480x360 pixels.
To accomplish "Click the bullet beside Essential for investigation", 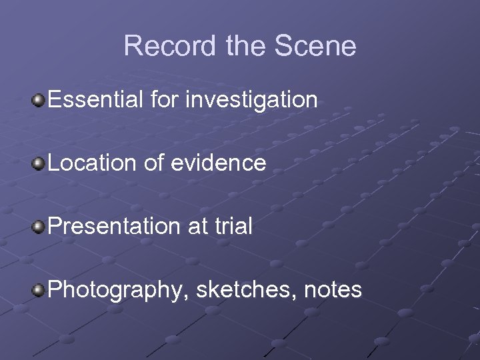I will [39, 100].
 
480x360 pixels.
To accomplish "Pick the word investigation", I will [252, 100].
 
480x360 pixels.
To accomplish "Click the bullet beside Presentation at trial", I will [39, 227].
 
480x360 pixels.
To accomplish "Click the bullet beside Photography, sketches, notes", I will [39, 290].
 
